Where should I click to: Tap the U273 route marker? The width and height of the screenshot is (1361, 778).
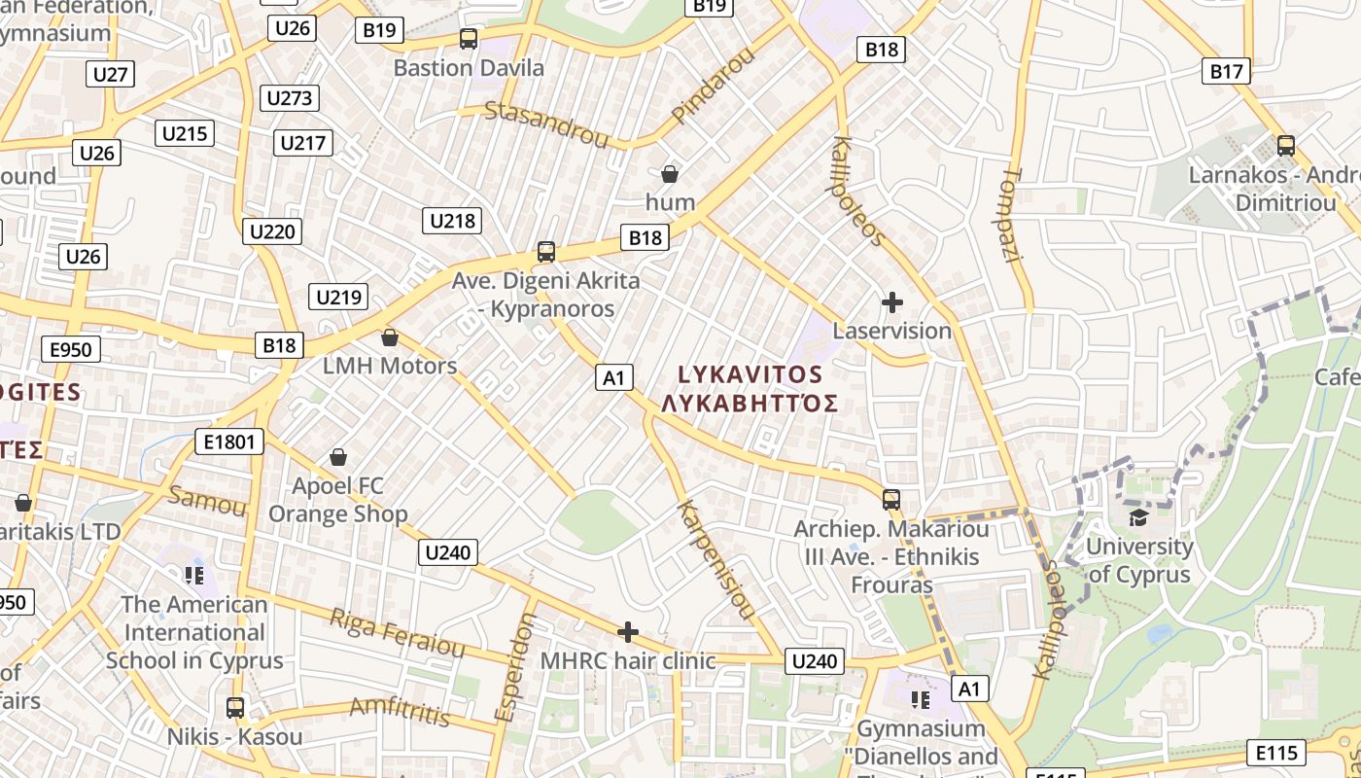(290, 98)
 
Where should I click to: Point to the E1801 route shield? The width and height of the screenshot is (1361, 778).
(229, 442)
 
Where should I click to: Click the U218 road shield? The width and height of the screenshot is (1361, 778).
(452, 221)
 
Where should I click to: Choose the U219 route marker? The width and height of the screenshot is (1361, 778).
(338, 298)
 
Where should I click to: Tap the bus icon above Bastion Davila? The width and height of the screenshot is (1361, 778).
(469, 39)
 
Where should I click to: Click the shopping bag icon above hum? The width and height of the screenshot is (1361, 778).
(670, 175)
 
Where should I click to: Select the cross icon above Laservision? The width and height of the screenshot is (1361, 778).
(891, 302)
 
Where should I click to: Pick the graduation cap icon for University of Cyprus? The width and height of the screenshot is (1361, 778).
(1137, 516)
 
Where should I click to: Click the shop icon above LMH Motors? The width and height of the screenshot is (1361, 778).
(390, 337)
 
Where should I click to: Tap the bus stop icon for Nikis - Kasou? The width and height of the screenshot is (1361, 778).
(235, 707)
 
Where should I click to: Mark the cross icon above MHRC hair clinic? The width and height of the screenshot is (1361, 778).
(628, 632)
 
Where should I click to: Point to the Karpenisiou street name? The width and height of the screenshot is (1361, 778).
(717, 560)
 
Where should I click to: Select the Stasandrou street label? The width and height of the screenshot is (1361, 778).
(546, 124)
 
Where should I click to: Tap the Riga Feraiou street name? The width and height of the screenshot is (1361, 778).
(398, 632)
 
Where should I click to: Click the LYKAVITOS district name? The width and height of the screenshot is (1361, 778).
(750, 374)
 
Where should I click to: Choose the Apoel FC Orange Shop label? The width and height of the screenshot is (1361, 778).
(338, 500)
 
